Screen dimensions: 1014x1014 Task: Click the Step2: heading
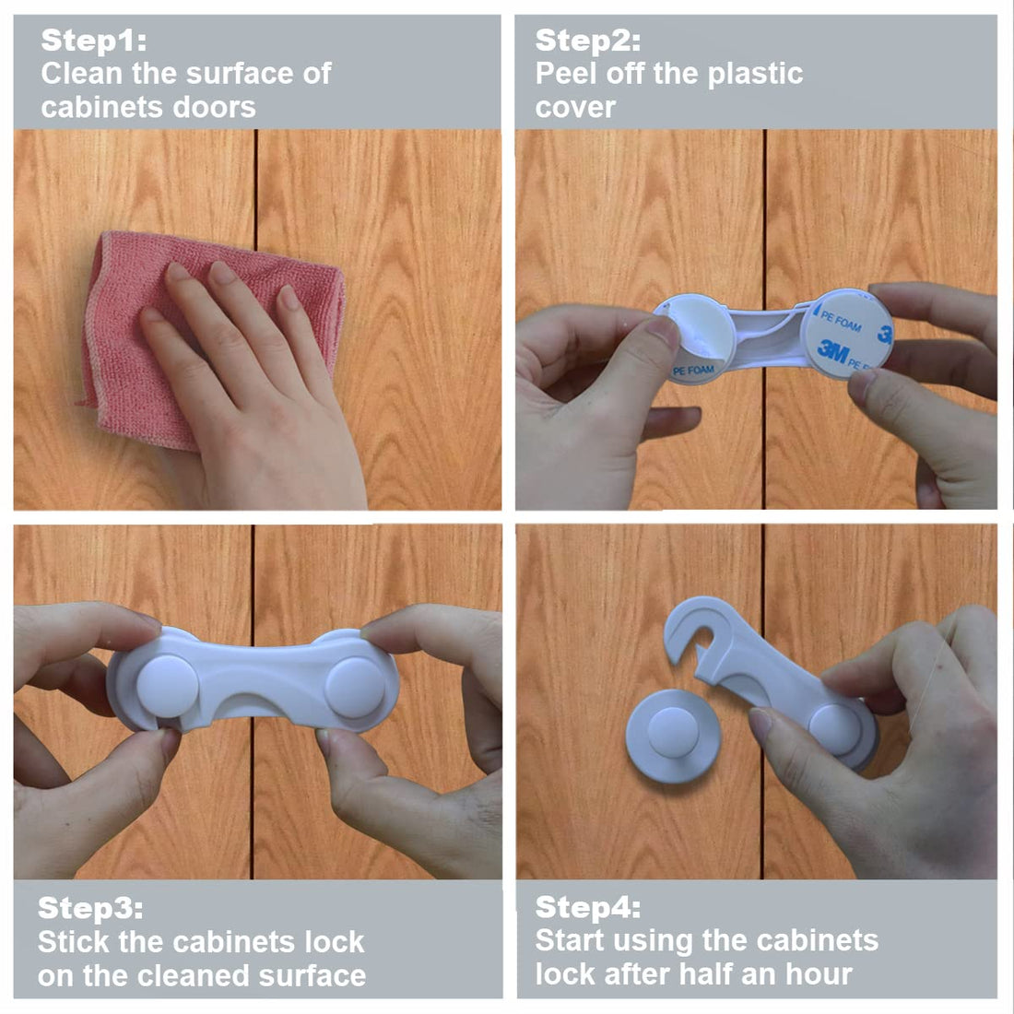coord(587,41)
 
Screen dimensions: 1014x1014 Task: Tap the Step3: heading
coord(90,908)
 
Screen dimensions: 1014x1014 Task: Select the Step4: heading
coord(587,907)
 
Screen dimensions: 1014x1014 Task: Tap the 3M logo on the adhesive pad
coord(832,349)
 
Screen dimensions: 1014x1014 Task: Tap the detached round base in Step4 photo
coord(673,737)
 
